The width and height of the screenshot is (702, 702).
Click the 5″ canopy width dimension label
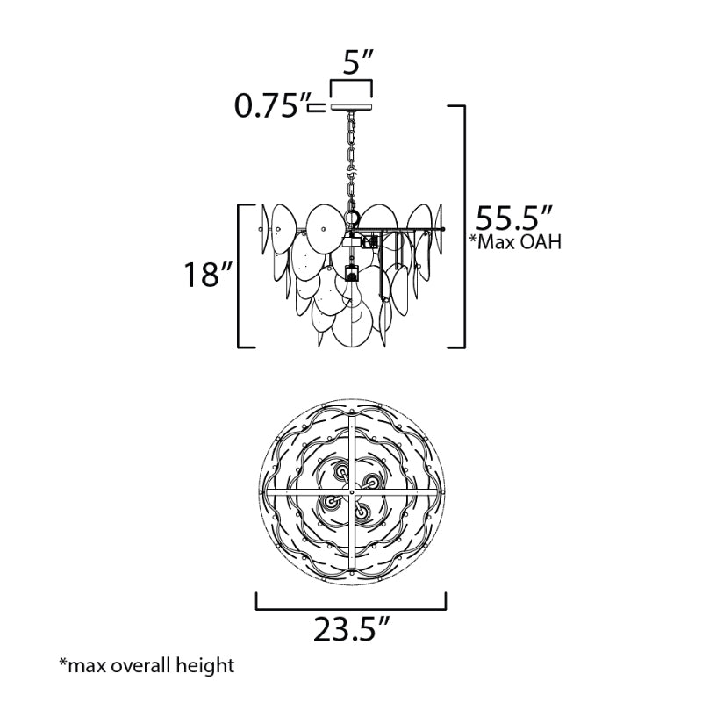(x=358, y=61)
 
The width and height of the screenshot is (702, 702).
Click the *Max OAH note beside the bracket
(x=515, y=242)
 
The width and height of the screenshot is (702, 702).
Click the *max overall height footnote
(x=147, y=665)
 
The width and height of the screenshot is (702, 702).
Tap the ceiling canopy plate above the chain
(x=352, y=107)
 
